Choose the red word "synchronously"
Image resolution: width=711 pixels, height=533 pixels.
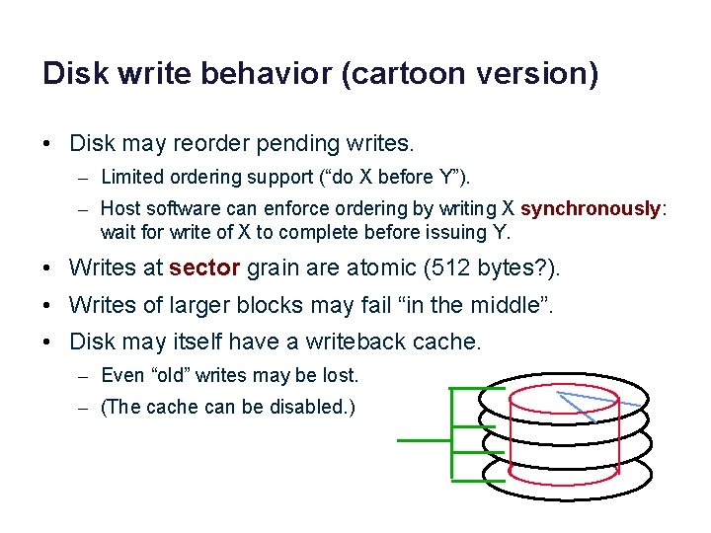(590, 209)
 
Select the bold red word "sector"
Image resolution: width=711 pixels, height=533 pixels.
(204, 267)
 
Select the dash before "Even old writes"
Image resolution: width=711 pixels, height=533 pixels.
(84, 376)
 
